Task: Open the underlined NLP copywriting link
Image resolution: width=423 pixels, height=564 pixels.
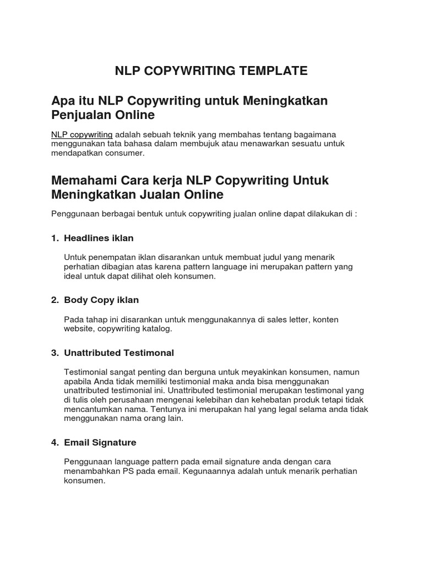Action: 82,134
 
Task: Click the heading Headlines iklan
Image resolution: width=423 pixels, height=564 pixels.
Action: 99,238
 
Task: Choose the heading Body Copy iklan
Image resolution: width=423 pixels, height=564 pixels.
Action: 101,300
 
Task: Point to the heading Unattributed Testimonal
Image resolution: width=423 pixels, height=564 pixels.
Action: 119,352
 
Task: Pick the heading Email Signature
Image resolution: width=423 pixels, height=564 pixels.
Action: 100,442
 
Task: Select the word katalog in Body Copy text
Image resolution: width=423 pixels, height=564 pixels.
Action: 158,329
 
